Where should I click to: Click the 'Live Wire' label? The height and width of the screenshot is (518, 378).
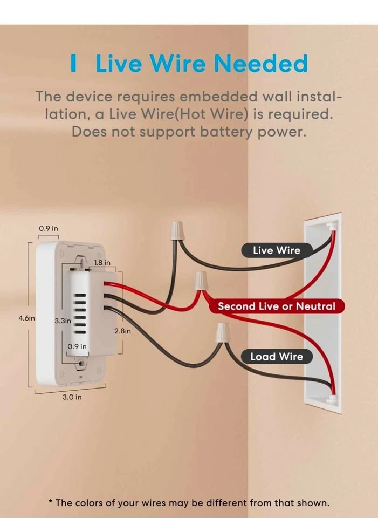[x=277, y=250]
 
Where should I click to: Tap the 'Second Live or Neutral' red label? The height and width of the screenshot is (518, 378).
[x=276, y=306]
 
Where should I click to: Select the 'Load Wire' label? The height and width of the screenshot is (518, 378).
[x=277, y=357]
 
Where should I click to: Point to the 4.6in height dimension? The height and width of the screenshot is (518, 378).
[x=26, y=318]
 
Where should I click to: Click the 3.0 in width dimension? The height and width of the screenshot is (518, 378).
[x=71, y=397]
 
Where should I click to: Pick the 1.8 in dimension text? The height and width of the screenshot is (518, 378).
[x=102, y=263]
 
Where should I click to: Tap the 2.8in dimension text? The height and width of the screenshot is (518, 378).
[x=122, y=331]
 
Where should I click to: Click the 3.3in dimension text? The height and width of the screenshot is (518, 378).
[x=63, y=321]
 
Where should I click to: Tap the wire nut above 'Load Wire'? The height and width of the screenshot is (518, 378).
[x=222, y=333]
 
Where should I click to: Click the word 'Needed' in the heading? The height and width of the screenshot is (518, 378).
[x=260, y=64]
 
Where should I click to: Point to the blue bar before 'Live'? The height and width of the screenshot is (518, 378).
[x=73, y=64]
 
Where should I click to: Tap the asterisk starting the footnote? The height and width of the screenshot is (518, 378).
[x=50, y=502]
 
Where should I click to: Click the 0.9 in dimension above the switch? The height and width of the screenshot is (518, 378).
[x=48, y=228]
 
